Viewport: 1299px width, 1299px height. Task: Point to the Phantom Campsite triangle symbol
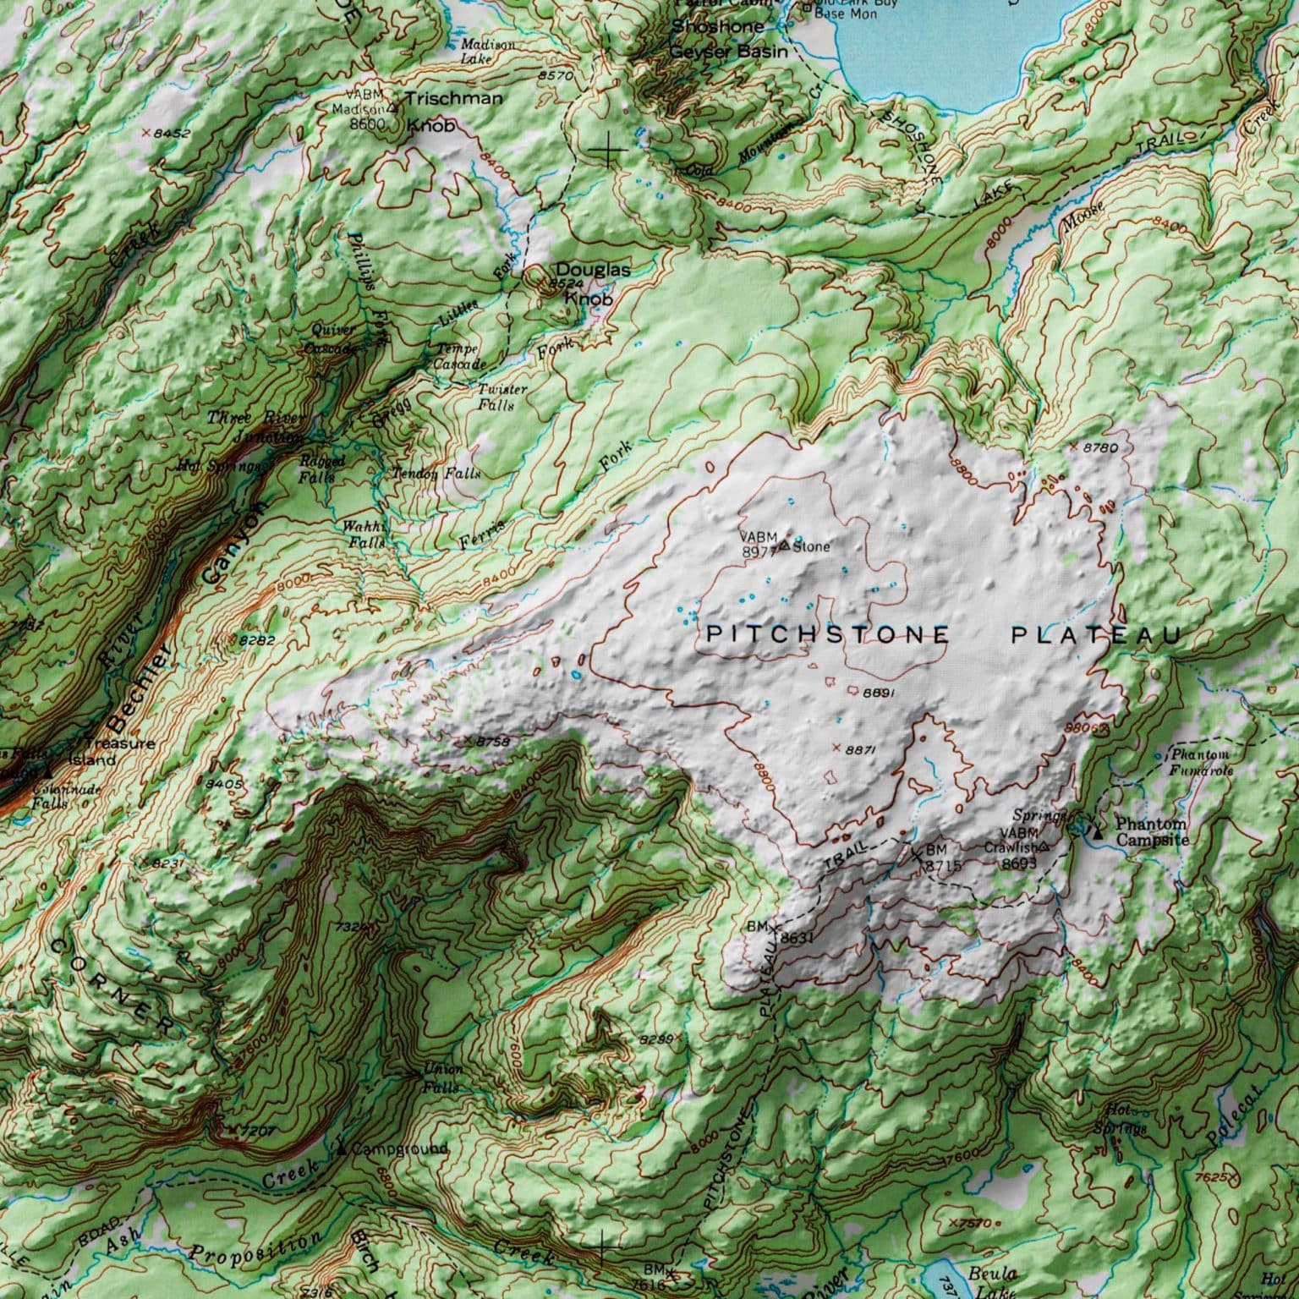pyautogui.click(x=1098, y=833)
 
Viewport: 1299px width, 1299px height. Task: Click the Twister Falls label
pyautogui.click(x=502, y=397)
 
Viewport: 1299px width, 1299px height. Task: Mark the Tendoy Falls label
pyautogui.click(x=436, y=474)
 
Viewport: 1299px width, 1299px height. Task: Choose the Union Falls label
pyautogui.click(x=442, y=1077)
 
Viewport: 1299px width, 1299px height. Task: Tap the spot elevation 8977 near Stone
pyautogui.click(x=759, y=551)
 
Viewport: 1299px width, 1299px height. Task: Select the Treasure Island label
pyautogui.click(x=120, y=751)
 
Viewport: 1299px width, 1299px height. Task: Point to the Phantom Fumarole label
pyautogui.click(x=1203, y=762)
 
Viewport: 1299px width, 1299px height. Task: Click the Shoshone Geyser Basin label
pyautogui.click(x=728, y=39)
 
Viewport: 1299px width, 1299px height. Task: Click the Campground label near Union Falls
pyautogui.click(x=398, y=1149)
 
